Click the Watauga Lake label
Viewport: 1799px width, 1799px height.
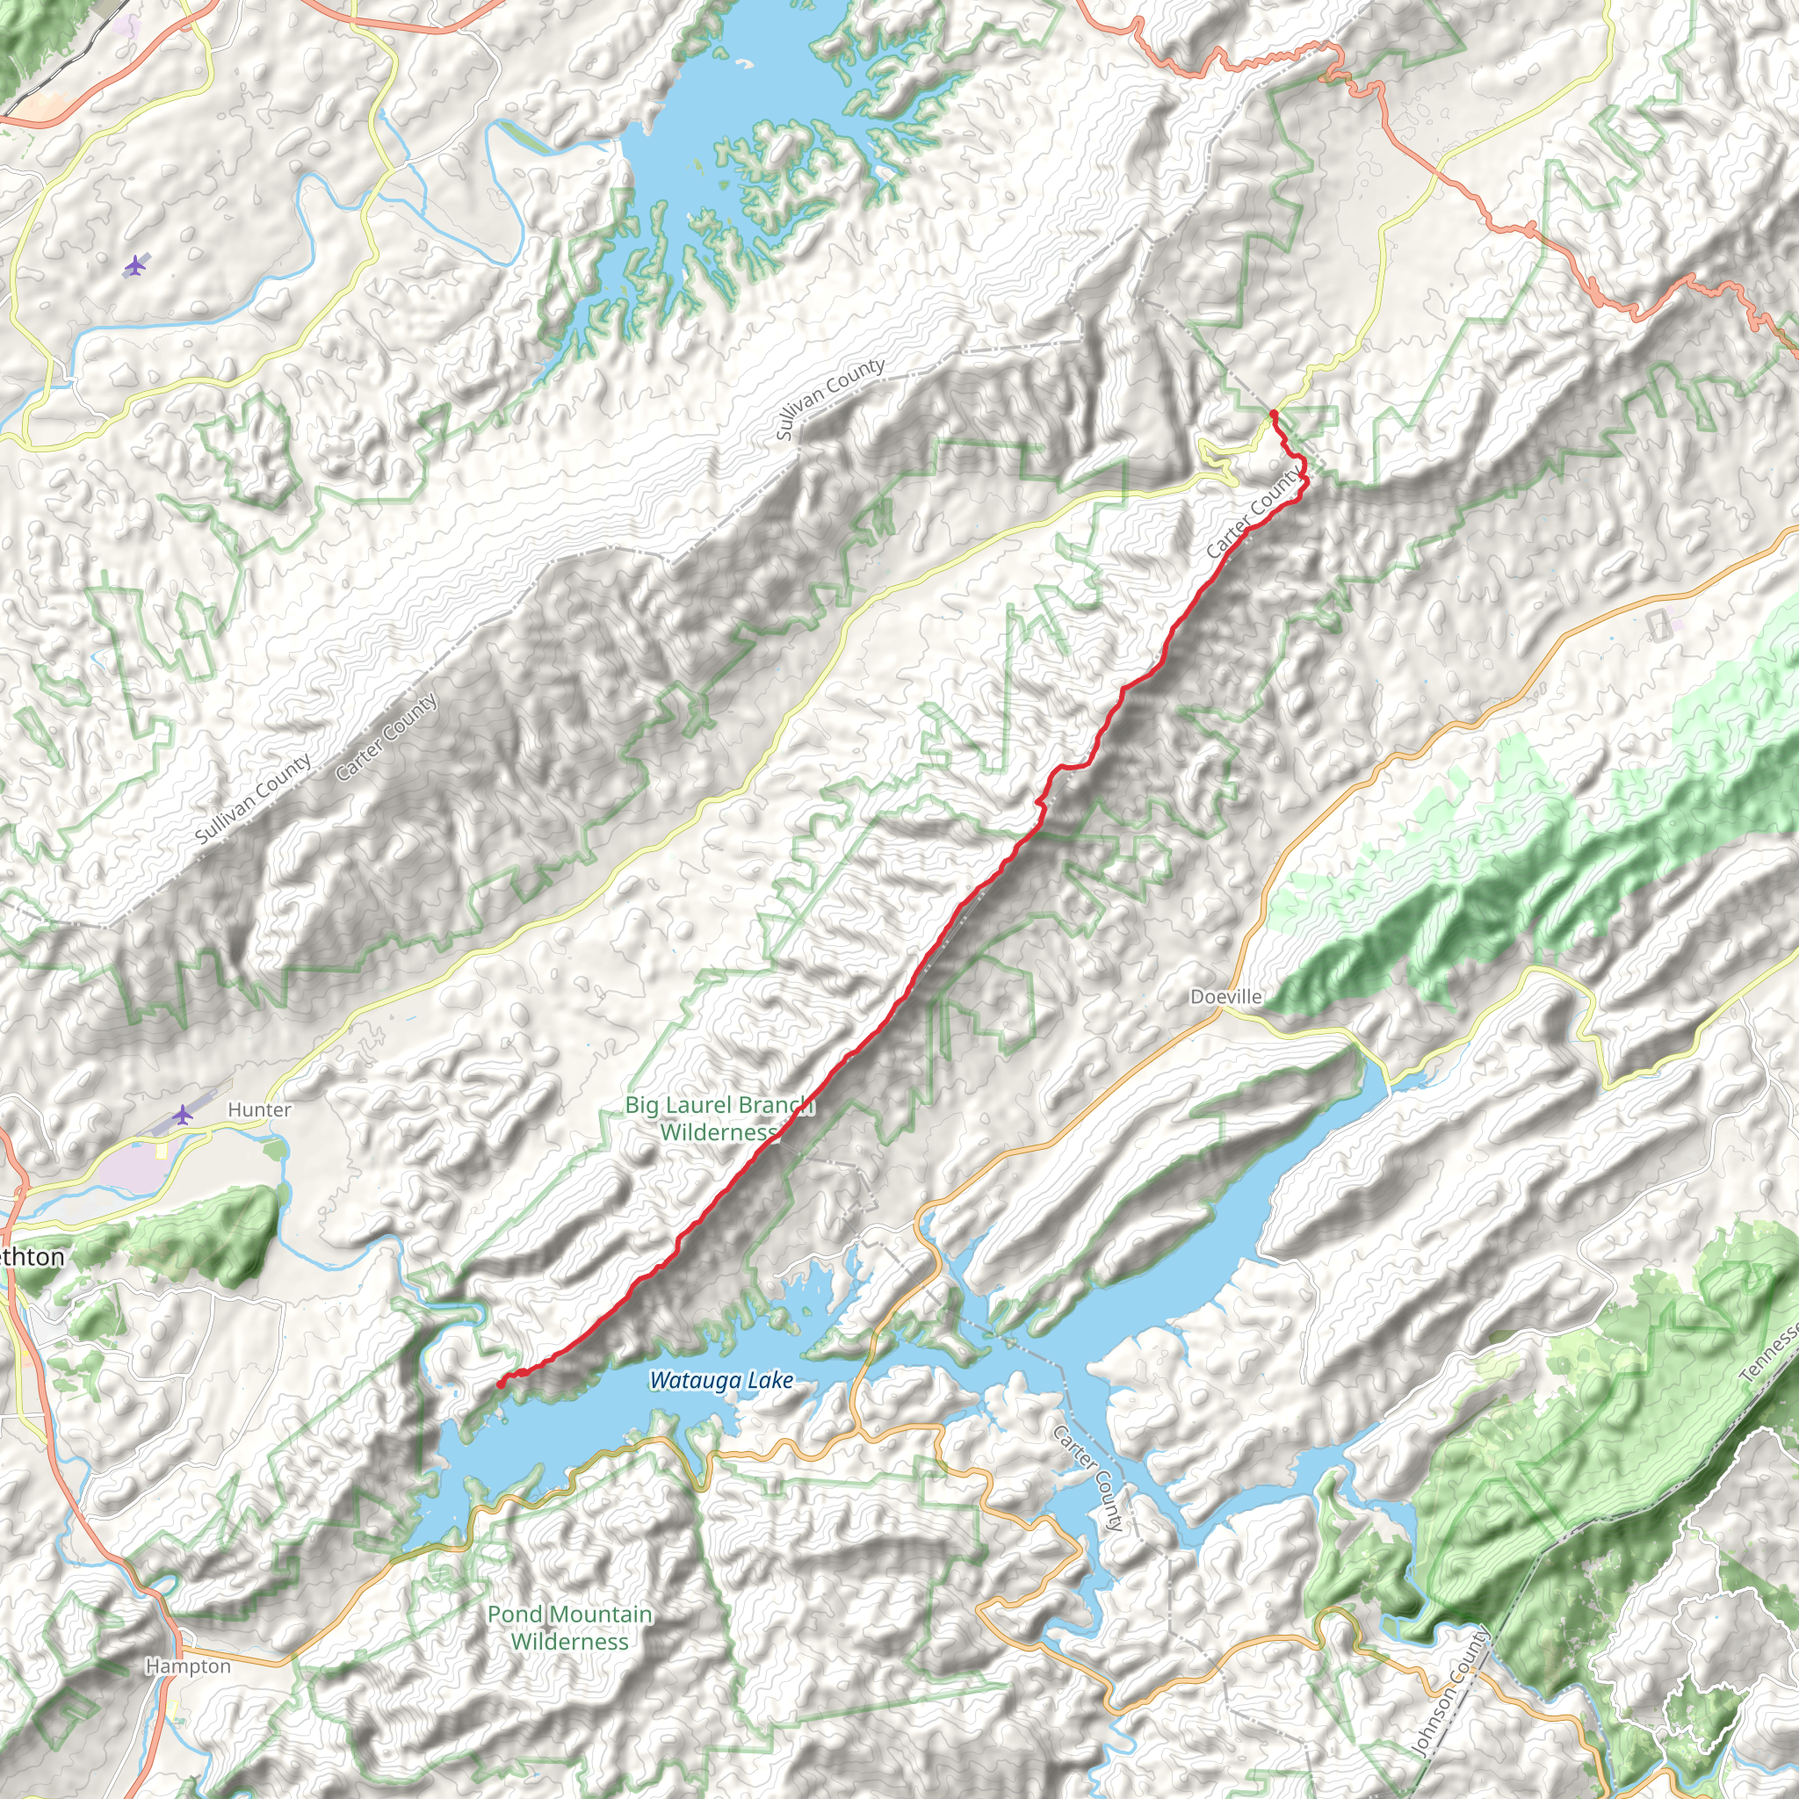[722, 1381]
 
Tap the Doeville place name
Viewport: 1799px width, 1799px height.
[1226, 997]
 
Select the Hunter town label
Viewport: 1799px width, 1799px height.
[259, 1110]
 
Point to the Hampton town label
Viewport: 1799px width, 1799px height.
[188, 1665]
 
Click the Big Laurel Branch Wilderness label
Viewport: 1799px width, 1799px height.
[719, 1118]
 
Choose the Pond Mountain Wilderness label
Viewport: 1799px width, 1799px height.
[569, 1627]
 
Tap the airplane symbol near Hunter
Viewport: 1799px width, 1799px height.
[184, 1114]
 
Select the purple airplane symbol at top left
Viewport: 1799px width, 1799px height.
[136, 266]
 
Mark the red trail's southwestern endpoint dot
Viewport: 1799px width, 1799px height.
[501, 1384]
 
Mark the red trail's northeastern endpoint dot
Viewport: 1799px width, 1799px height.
[1273, 413]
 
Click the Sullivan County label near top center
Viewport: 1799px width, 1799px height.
[829, 399]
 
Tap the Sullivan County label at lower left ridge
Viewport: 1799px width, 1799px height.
[253, 799]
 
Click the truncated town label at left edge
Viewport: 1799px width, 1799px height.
[32, 1258]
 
